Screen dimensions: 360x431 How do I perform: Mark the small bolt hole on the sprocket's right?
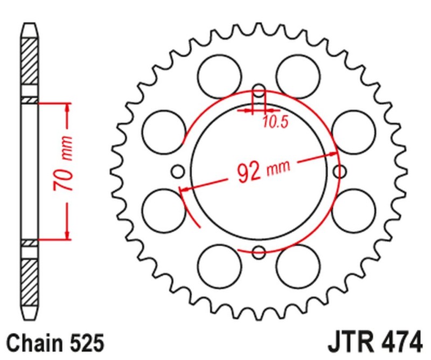click(x=339, y=171)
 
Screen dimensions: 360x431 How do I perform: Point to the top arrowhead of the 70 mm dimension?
click(x=67, y=108)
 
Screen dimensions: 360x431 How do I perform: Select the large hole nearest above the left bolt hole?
click(x=163, y=131)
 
